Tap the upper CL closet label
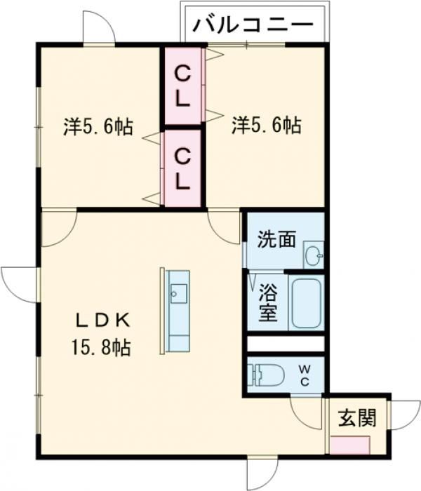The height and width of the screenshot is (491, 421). (182, 85)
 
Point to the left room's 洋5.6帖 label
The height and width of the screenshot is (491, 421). (98, 128)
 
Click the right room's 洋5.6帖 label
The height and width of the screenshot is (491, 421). (266, 126)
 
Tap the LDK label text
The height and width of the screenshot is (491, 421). (102, 321)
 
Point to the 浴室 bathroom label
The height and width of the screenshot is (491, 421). (267, 301)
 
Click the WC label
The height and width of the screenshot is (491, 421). (306, 374)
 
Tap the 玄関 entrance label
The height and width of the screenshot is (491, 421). (358, 418)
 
